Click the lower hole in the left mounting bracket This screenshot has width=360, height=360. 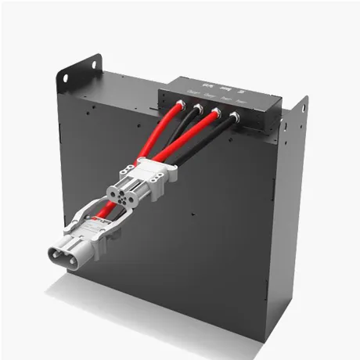(x=65, y=76)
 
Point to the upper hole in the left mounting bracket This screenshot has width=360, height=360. (x=94, y=60)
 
